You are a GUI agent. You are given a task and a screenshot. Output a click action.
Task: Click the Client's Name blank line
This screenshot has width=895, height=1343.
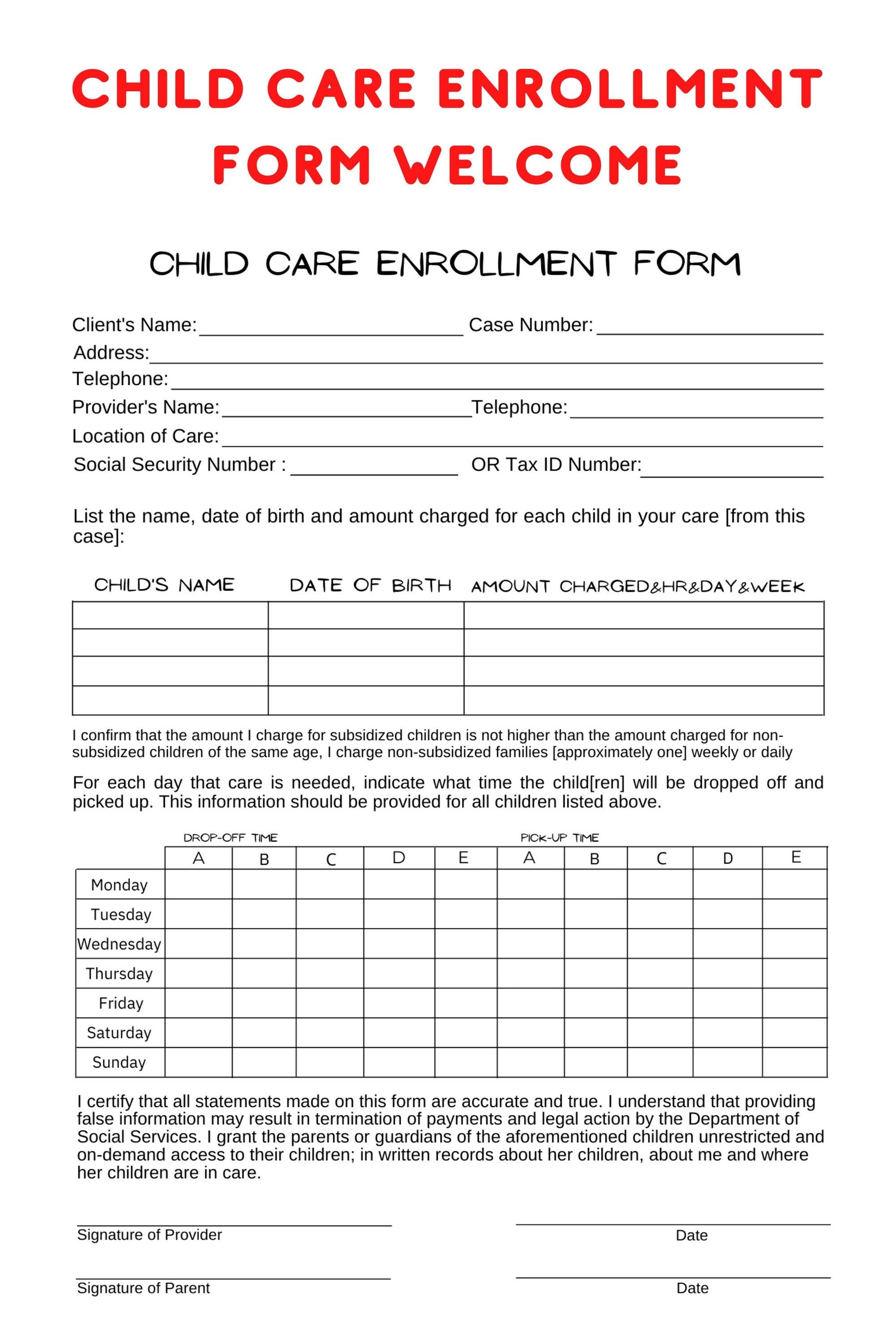tap(330, 331)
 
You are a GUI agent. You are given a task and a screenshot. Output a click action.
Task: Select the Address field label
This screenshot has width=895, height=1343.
tap(110, 352)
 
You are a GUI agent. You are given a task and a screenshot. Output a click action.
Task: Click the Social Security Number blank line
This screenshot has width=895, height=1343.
tap(374, 471)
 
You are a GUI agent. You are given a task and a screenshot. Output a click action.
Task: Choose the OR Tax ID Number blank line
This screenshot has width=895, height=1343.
tap(732, 473)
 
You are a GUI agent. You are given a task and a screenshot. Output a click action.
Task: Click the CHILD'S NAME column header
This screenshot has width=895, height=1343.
tap(164, 585)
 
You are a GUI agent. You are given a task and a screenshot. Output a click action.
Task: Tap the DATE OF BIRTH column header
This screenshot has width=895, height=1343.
tap(370, 585)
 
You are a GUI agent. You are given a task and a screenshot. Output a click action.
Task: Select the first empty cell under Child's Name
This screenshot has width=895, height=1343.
tap(170, 615)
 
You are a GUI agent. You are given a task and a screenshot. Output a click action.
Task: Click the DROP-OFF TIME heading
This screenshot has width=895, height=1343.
tap(230, 838)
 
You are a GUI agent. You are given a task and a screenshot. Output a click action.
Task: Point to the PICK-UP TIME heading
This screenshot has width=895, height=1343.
tap(559, 838)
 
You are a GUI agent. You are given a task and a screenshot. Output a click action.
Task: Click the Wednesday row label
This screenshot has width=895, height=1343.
tap(119, 944)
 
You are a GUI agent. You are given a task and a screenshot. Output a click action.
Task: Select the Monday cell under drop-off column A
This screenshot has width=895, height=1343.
tap(198, 885)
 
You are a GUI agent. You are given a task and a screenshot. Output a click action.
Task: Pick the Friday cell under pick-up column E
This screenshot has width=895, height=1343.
tap(795, 1003)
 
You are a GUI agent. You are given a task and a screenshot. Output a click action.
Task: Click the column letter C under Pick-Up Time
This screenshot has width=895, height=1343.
tap(661, 858)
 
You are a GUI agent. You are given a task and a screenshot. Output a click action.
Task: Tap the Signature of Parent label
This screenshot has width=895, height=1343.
tap(143, 1288)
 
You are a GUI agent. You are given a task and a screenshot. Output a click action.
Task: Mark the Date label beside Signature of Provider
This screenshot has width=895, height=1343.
tap(691, 1235)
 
